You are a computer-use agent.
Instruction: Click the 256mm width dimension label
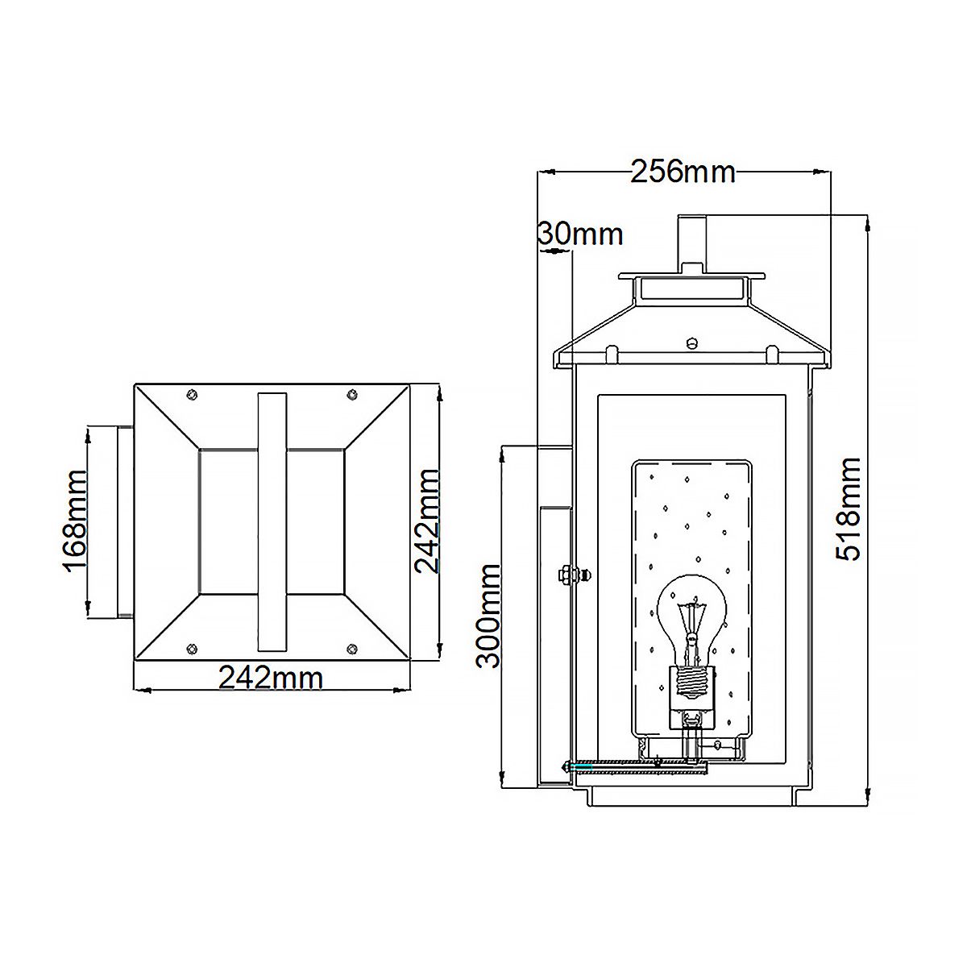[683, 172]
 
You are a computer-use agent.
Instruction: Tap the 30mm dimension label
[580, 234]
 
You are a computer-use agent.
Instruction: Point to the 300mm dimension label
[488, 616]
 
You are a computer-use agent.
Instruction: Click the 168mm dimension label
[75, 521]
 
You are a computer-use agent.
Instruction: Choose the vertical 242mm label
[426, 521]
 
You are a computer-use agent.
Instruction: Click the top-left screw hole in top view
[191, 393]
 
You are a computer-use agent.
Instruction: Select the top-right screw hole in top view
[351, 393]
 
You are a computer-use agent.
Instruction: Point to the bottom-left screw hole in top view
[191, 649]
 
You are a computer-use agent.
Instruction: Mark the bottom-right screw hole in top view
[351, 649]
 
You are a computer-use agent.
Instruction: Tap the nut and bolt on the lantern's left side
[568, 575]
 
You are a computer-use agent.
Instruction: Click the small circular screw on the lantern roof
[691, 342]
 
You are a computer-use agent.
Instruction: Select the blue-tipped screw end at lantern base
[567, 766]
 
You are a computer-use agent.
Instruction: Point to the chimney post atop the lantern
[691, 242]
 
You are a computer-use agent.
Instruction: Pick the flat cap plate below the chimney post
[691, 274]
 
